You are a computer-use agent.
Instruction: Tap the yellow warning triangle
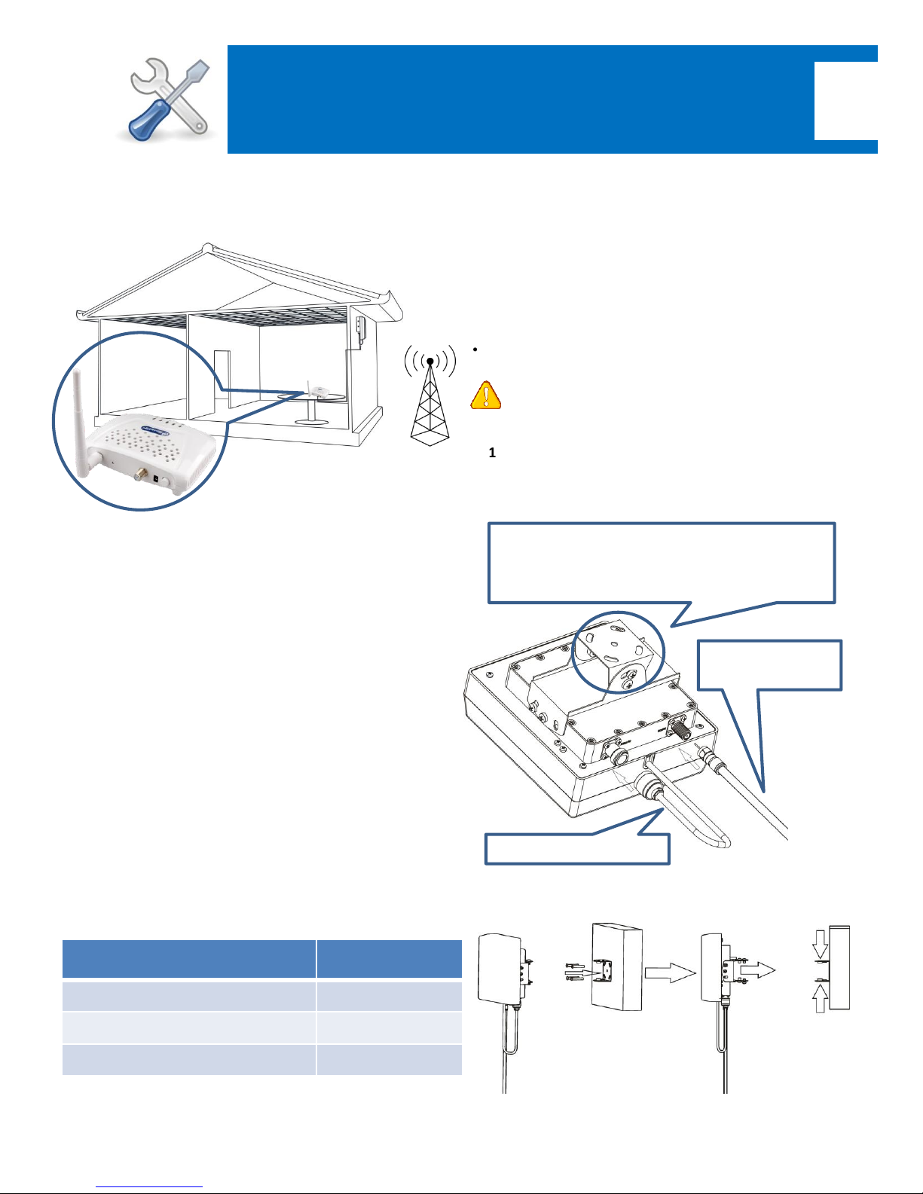tap(486, 395)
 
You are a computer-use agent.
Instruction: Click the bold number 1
tap(492, 453)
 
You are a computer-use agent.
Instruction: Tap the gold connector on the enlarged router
tap(141, 473)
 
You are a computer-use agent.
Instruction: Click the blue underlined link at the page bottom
tap(149, 1187)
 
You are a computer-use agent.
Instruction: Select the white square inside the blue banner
tap(845, 100)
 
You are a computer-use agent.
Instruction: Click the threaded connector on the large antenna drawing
tap(680, 729)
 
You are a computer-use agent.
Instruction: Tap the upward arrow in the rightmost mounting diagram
tap(820, 998)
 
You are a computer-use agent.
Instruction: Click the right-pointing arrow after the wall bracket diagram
tap(670, 973)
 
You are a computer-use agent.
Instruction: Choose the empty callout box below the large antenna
tap(577, 849)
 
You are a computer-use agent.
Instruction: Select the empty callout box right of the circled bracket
tap(769, 665)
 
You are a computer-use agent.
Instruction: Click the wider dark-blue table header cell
tap(189, 959)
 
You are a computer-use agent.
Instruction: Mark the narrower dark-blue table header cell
tap(390, 959)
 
